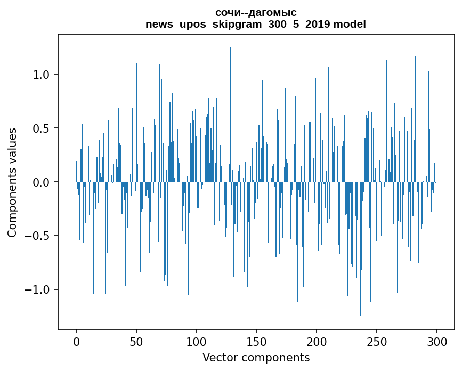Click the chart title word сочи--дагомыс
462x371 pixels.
[256, 13]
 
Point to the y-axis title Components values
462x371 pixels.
[12, 182]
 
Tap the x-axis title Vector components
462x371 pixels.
[256, 358]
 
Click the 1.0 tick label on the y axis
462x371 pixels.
[42, 75]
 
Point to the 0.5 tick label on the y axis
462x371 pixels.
[42, 128]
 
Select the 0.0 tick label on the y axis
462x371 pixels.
[42, 182]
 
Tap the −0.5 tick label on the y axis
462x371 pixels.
[38, 236]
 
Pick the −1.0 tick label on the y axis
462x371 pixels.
[38, 290]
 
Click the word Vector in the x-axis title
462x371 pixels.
[218, 358]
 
